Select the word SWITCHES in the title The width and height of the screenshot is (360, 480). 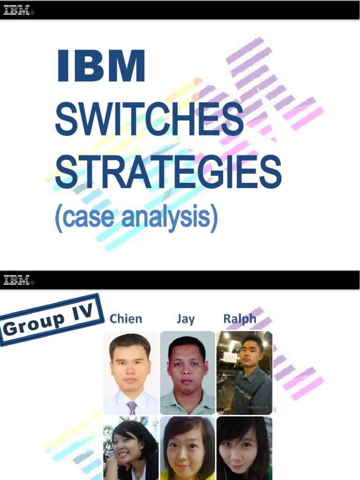(x=149, y=119)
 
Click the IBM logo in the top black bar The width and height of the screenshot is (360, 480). (x=18, y=10)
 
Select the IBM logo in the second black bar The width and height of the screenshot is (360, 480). (x=18, y=280)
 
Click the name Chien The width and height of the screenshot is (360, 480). (x=126, y=319)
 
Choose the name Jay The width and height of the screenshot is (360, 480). (x=186, y=319)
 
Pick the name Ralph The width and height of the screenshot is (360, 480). (x=240, y=319)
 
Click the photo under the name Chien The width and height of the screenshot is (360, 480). (x=131, y=373)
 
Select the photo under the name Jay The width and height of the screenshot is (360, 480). (x=187, y=373)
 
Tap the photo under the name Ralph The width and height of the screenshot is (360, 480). (x=244, y=373)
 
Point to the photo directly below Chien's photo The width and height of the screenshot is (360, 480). (x=131, y=448)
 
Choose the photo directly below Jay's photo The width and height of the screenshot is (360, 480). (x=187, y=448)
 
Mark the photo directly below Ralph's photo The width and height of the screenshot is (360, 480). (x=244, y=448)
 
